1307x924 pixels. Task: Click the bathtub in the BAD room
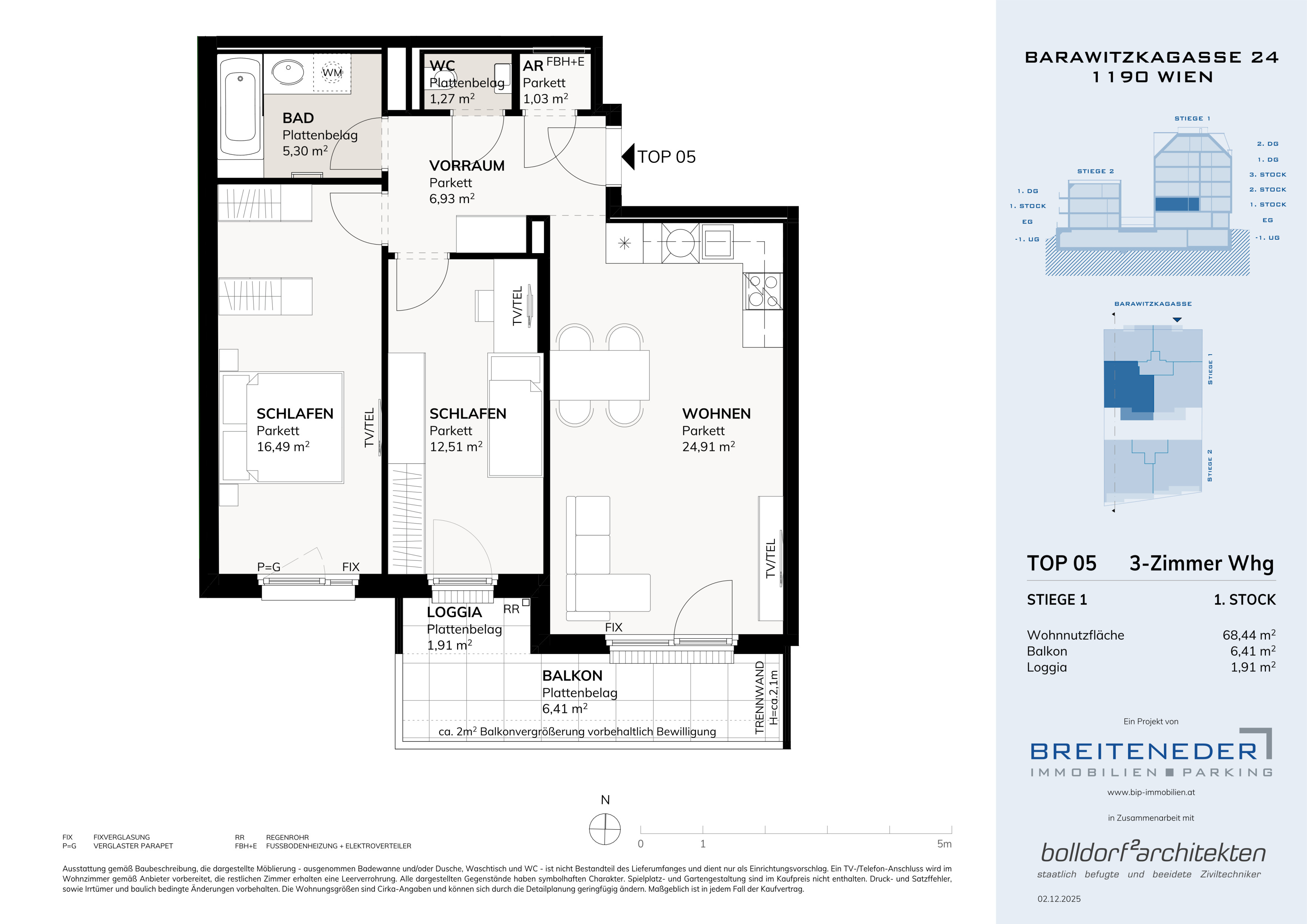point(240,106)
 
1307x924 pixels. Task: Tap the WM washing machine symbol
point(332,72)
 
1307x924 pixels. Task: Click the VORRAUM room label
point(467,165)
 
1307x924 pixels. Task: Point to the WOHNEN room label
point(716,414)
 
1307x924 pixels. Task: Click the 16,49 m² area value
point(283,447)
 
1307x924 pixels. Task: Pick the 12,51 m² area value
point(456,447)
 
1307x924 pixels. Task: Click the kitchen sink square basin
point(717,243)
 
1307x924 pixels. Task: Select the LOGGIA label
point(454,612)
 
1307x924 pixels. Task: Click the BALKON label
point(572,676)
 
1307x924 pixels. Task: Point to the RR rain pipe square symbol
point(526,602)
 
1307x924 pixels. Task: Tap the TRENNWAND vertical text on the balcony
point(760,697)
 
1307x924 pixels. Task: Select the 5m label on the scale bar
point(944,844)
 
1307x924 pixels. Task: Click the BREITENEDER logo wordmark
point(1143,752)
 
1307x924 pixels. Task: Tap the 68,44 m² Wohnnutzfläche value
point(1249,635)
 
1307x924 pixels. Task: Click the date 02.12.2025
point(1059,899)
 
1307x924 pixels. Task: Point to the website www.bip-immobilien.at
point(1151,792)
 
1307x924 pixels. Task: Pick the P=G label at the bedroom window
point(269,567)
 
